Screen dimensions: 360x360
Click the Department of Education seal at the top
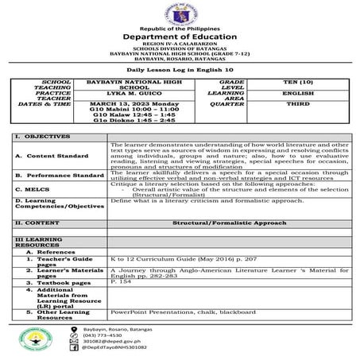[x=180, y=15]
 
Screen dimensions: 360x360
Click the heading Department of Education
[x=180, y=37]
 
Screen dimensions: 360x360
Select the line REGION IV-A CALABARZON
[x=180, y=45]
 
